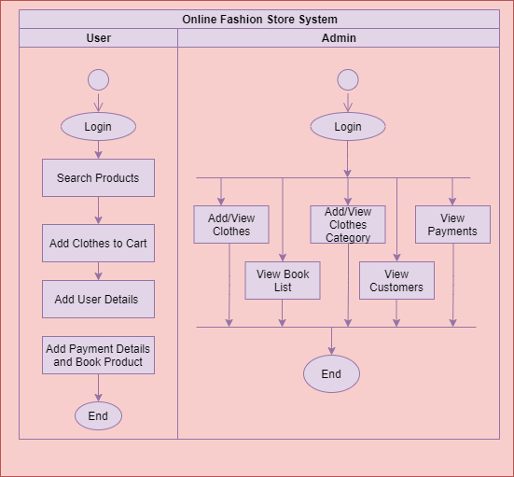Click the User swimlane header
coord(98,38)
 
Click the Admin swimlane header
coord(339,38)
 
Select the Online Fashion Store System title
coord(259,20)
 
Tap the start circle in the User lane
coord(98,79)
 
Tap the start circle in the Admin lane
coord(348,79)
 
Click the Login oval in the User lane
coord(98,127)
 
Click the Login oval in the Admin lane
coord(348,127)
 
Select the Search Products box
coord(98,177)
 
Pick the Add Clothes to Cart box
coord(98,243)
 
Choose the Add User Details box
coord(98,300)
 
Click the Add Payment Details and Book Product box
coord(98,355)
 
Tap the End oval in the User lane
coord(98,416)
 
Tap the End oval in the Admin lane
coord(331,374)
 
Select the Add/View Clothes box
coord(231,224)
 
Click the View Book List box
coord(283,280)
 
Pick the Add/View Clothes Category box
coord(348,224)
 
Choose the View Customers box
coord(397,280)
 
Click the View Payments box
coord(452,224)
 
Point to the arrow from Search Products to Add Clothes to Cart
coord(98,211)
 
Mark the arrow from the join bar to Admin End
coord(331,342)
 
